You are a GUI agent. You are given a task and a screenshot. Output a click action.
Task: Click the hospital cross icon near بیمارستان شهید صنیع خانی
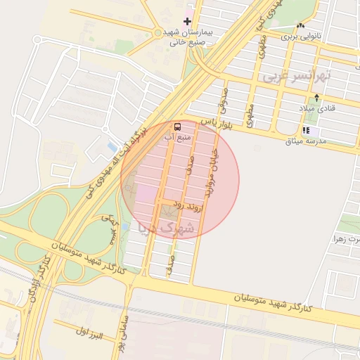(187, 22)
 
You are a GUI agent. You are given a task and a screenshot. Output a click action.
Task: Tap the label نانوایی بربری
(301, 34)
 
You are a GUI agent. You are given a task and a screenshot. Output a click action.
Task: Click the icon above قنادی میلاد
(317, 98)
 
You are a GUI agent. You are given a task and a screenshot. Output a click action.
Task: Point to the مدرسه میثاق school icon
(306, 131)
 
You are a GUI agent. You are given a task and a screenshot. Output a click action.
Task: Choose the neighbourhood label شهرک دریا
(169, 228)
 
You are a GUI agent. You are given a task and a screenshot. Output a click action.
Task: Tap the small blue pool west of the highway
(111, 148)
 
